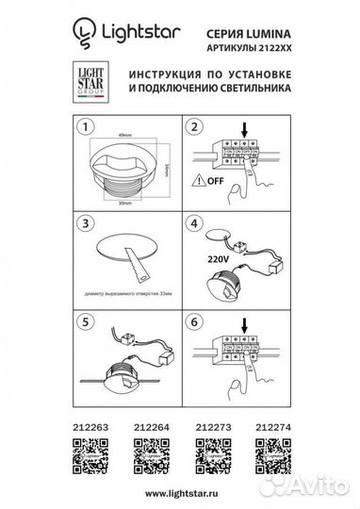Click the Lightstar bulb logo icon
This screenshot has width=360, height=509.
pos(84,36)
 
